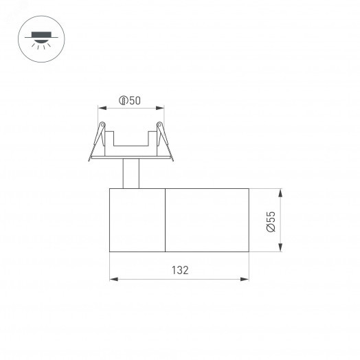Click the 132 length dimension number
[x=180, y=271]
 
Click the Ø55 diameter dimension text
[x=271, y=221]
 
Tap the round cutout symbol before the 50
[x=122, y=101]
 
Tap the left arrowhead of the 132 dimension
[x=113, y=279]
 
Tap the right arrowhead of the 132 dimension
[x=246, y=279]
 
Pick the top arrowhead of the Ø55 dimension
[x=280, y=190]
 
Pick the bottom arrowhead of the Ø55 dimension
[x=280, y=249]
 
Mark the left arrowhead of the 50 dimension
[x=101, y=108]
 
